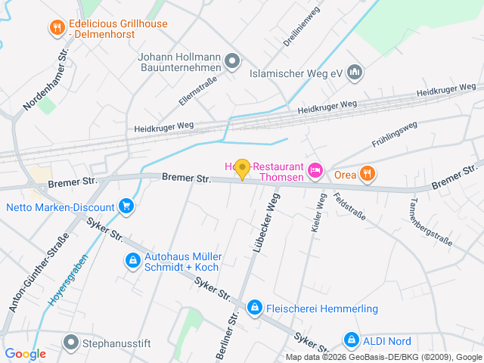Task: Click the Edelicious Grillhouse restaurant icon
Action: (x=57, y=29)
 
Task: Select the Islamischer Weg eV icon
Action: (x=355, y=73)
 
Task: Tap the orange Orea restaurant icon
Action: (x=367, y=173)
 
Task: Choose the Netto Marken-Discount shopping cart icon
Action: (x=126, y=206)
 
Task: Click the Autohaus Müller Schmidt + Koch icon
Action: (x=133, y=261)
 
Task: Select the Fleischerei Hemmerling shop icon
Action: (x=254, y=309)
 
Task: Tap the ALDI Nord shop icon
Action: (x=351, y=340)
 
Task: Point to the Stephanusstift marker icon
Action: (x=72, y=343)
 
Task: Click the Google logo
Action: (x=25, y=353)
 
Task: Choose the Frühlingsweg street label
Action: (x=395, y=132)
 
